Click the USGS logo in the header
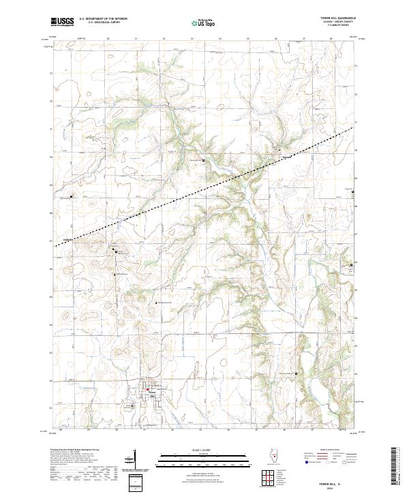(62, 22)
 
